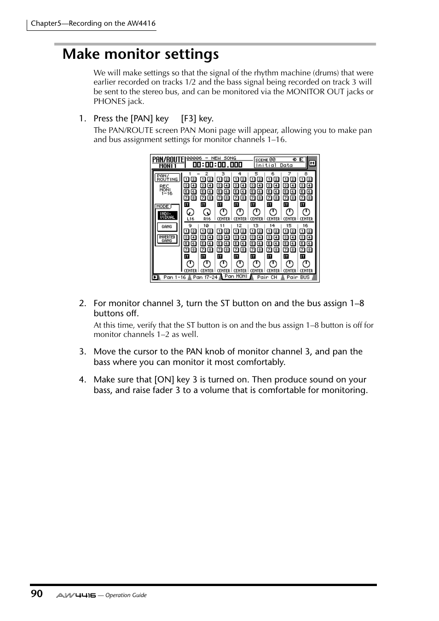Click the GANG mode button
pyautogui.click(x=167, y=227)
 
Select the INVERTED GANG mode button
pyautogui.click(x=167, y=239)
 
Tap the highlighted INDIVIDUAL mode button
pyautogui.click(x=167, y=216)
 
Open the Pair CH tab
pyautogui.click(x=267, y=277)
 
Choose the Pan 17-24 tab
pyautogui.click(x=205, y=277)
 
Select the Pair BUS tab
pyautogui.click(x=298, y=277)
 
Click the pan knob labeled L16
pyautogui.click(x=190, y=212)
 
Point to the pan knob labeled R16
pyautogui.click(x=207, y=212)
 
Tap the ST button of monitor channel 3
pyautogui.click(x=219, y=205)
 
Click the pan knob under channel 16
pyautogui.click(x=306, y=264)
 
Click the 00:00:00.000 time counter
pyautogui.click(x=217, y=165)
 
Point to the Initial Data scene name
pyautogui.click(x=274, y=165)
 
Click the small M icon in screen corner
pyautogui.click(x=312, y=163)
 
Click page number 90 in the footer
pyautogui.click(x=37, y=594)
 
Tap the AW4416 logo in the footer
pyautogui.click(x=76, y=595)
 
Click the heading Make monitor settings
pyautogui.click(x=141, y=54)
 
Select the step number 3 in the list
pyautogui.click(x=82, y=352)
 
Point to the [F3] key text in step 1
pyautogui.click(x=197, y=119)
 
